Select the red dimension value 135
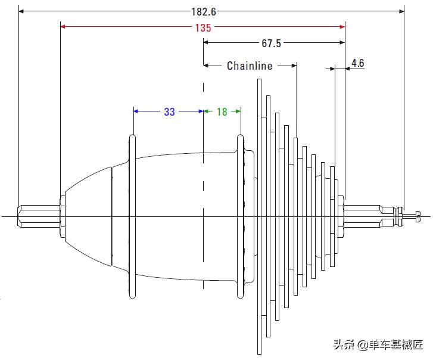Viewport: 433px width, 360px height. [203, 27]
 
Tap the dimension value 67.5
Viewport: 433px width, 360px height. [271, 44]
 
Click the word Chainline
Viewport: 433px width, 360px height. [250, 66]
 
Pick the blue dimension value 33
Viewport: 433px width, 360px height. [169, 111]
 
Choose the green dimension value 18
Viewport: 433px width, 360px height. [222, 111]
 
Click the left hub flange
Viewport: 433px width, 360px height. [133, 216]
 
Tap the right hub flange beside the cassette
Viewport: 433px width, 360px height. [241, 216]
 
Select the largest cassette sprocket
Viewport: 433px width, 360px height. [259, 216]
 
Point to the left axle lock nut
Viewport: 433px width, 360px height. [61, 216]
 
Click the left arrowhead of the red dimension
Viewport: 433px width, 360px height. [64, 26]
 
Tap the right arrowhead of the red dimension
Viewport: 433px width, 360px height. [342, 26]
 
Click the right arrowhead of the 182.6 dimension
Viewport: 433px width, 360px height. [401, 11]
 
